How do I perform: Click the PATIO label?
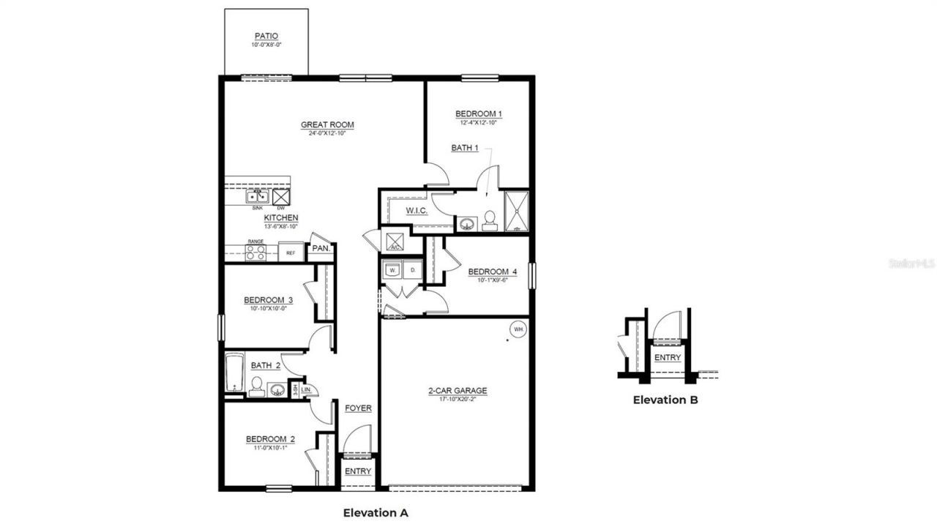[266, 36]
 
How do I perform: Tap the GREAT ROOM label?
[327, 125]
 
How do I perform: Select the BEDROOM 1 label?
[479, 113]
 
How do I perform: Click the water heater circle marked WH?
[518, 329]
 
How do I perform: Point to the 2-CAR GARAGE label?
[458, 391]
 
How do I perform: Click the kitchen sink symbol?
[256, 196]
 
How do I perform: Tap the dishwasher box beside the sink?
[281, 196]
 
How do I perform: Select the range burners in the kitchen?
[255, 253]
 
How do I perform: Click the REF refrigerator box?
[291, 253]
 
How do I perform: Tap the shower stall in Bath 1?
[516, 211]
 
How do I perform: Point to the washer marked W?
[392, 271]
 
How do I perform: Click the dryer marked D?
[413, 271]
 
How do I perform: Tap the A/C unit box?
[394, 242]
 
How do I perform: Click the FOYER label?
[358, 408]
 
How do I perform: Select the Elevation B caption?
[665, 400]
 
